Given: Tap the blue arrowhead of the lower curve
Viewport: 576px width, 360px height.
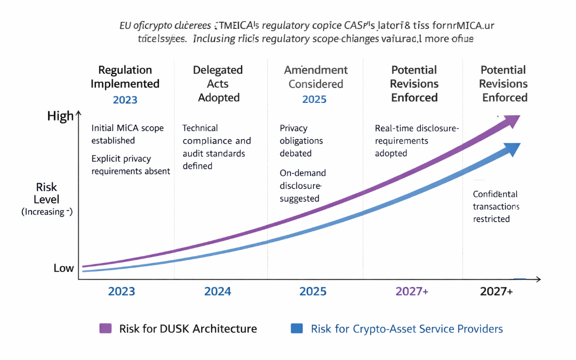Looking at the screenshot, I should click(x=513, y=149).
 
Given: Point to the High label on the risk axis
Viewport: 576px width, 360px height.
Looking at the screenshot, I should click(x=60, y=116).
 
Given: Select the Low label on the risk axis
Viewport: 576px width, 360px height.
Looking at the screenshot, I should click(x=63, y=268).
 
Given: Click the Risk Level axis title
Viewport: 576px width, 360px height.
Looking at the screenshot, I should click(x=47, y=199).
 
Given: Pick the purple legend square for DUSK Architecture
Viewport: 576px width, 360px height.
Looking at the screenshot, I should click(x=106, y=329).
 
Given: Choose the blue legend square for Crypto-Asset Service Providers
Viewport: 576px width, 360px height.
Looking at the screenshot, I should click(x=297, y=329).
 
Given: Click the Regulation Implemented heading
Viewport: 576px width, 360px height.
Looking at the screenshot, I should click(x=125, y=77).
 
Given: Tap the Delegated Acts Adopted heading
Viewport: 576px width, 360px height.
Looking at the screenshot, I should click(x=218, y=84).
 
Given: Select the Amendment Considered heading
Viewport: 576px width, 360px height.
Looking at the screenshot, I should click(x=315, y=77).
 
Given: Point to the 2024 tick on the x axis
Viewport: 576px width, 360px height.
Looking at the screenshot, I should click(x=218, y=291).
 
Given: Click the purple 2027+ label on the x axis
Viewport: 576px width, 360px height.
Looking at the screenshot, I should click(x=411, y=291).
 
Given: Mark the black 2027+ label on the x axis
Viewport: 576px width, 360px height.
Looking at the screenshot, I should click(x=496, y=291).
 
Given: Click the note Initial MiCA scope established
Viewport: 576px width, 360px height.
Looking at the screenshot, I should click(x=127, y=134).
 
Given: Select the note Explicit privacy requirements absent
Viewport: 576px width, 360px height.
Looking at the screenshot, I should click(x=131, y=165).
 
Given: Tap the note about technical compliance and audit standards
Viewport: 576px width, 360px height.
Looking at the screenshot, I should click(x=216, y=147).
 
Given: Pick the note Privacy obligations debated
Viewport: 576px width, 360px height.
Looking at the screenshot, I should click(x=301, y=140).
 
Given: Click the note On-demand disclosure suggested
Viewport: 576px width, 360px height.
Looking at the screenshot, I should click(x=302, y=186).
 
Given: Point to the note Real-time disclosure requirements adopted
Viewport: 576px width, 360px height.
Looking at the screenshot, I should click(x=417, y=140).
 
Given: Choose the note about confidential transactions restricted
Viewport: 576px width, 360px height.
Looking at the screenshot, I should click(x=495, y=206).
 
